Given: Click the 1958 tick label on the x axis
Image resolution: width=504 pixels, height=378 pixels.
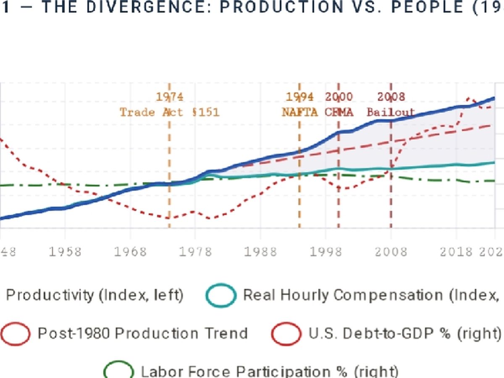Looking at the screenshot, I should tap(65, 252).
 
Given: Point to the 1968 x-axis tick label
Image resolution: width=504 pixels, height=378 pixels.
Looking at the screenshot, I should tap(130, 252).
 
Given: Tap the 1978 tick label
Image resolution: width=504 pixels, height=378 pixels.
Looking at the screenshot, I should tap(195, 252).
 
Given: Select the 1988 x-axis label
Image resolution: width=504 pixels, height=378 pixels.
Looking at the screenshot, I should tap(260, 252).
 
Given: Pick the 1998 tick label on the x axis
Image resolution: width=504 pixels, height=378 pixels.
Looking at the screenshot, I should tap(325, 252).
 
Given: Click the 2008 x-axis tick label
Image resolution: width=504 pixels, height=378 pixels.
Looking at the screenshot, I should tap(391, 252).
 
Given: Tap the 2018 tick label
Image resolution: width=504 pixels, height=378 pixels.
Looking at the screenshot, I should tap(456, 252).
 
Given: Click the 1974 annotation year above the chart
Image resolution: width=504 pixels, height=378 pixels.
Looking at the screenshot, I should tap(170, 97).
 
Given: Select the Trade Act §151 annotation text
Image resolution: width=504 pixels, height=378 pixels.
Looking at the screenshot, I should tap(170, 113).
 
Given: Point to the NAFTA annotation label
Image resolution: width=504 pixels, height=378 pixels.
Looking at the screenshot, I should tap(299, 113).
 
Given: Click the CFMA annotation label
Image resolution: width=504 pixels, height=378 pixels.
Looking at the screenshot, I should tap(339, 113).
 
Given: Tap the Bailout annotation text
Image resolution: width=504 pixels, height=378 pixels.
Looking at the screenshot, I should tap(391, 113).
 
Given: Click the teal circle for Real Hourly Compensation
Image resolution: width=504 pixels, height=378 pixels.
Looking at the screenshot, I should tap(221, 296).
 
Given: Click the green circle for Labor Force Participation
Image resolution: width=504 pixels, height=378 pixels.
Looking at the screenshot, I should tap(119, 371).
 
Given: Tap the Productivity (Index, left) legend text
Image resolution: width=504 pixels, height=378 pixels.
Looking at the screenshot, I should tap(95, 296).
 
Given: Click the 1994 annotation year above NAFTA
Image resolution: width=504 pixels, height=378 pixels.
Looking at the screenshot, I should tap(299, 97).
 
